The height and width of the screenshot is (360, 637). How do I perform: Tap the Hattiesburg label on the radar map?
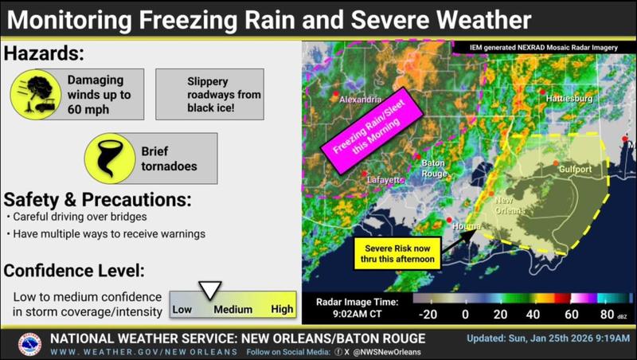569,98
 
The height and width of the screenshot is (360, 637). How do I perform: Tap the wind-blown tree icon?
33,93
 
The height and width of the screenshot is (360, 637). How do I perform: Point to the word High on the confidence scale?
282,308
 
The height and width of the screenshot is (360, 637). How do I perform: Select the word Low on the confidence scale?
183,308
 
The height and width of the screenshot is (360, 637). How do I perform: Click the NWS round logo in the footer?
29,344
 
